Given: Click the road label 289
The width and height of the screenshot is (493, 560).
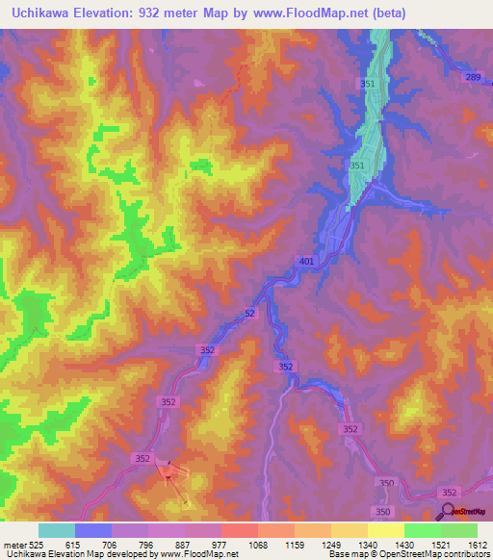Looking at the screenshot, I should pos(472,76).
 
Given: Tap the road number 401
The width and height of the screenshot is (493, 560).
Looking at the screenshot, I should pos(306,261).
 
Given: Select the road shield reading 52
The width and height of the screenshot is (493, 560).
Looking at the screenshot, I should pos(249,314).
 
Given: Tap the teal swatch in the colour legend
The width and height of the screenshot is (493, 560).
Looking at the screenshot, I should pos(56,530).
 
